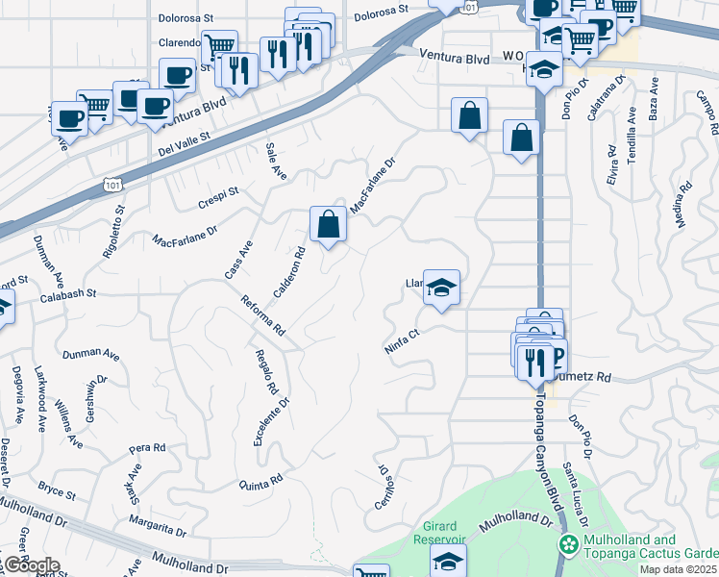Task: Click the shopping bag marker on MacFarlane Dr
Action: pos(328,225)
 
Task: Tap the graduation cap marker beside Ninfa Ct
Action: pos(441,288)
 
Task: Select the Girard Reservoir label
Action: pos(445,532)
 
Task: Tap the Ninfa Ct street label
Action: pos(402,342)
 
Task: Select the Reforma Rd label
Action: pos(264,315)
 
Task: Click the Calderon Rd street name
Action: pos(288,272)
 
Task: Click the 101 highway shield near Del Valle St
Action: pos(111,183)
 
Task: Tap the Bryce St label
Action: pos(57,491)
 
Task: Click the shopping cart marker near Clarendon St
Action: pos(219,44)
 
